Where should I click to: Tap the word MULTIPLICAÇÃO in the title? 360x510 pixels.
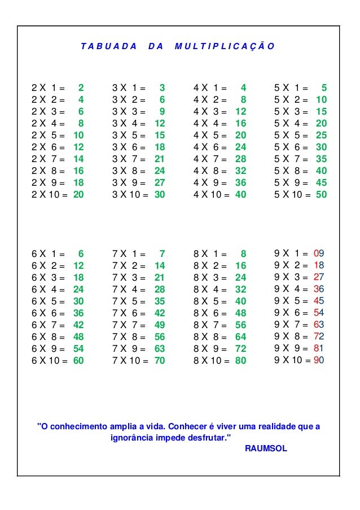(224, 46)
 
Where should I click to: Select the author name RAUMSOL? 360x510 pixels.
(267, 448)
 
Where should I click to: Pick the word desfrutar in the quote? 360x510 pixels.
(205, 437)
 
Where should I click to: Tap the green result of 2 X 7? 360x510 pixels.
(78, 159)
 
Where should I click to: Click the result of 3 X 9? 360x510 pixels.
(160, 182)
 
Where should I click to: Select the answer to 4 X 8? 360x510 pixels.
(241, 171)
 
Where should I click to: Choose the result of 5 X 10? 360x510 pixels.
(322, 194)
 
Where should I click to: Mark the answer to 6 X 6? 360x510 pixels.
(78, 313)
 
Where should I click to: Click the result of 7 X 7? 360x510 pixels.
(160, 325)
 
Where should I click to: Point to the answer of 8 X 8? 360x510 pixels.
(241, 337)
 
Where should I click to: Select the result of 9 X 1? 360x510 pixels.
(319, 253)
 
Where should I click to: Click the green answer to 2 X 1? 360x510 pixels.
(81, 88)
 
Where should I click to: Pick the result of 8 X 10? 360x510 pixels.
(241, 360)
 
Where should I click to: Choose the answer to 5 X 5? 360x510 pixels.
(322, 135)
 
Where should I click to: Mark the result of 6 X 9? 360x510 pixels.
(78, 348)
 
